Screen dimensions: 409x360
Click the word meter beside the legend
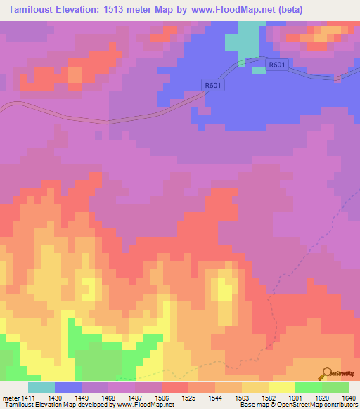point(11,398)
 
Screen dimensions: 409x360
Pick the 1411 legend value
point(28,398)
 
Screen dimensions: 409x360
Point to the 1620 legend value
point(321,398)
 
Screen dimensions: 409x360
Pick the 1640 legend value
point(348,398)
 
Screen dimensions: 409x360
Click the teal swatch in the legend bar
point(41,387)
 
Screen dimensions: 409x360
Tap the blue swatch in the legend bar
point(68,387)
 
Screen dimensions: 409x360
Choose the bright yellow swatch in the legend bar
point(282,387)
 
